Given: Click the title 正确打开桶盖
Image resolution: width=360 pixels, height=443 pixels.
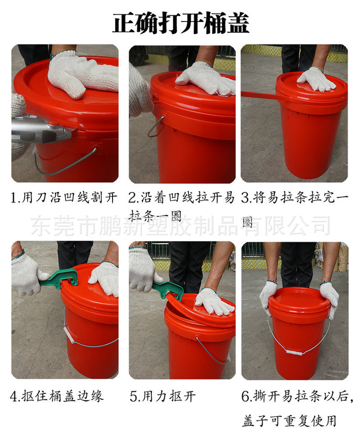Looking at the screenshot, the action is coord(181,23).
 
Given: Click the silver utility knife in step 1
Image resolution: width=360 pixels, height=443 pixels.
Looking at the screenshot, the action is coord(42,130).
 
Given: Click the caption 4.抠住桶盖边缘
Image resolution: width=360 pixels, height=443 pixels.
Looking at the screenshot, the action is coord(57,396).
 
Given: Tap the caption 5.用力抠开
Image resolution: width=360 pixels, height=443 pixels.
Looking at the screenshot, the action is coord(162,396).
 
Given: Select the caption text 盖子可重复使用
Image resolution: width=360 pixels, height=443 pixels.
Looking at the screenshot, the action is coord(289,421).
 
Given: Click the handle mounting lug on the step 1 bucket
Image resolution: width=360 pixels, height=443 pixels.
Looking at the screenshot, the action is coord(94,147).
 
